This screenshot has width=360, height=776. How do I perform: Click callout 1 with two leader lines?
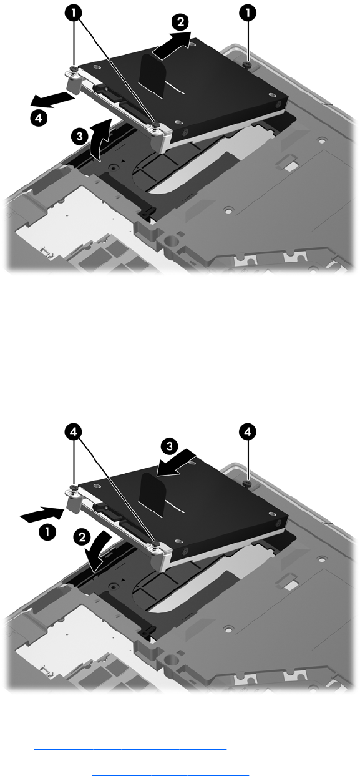pyautogui.click(x=74, y=14)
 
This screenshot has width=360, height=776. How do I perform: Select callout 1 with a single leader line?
pyautogui.click(x=248, y=14)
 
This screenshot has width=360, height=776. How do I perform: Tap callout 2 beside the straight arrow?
pyautogui.click(x=180, y=22)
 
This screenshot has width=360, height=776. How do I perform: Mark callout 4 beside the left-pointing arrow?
pyautogui.click(x=39, y=118)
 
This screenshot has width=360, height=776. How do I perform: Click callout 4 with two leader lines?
pyautogui.click(x=74, y=432)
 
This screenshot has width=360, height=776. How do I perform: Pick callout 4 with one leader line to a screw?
pyautogui.click(x=248, y=432)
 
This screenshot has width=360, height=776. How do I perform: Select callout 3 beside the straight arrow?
pyautogui.click(x=169, y=446)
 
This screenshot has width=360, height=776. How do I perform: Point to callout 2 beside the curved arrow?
pyautogui.click(x=82, y=538)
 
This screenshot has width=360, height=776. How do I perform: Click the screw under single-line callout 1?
pyautogui.click(x=247, y=65)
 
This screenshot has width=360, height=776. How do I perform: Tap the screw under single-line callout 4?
pyautogui.click(x=247, y=483)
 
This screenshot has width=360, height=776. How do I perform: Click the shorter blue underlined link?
pyautogui.click(x=171, y=772)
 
